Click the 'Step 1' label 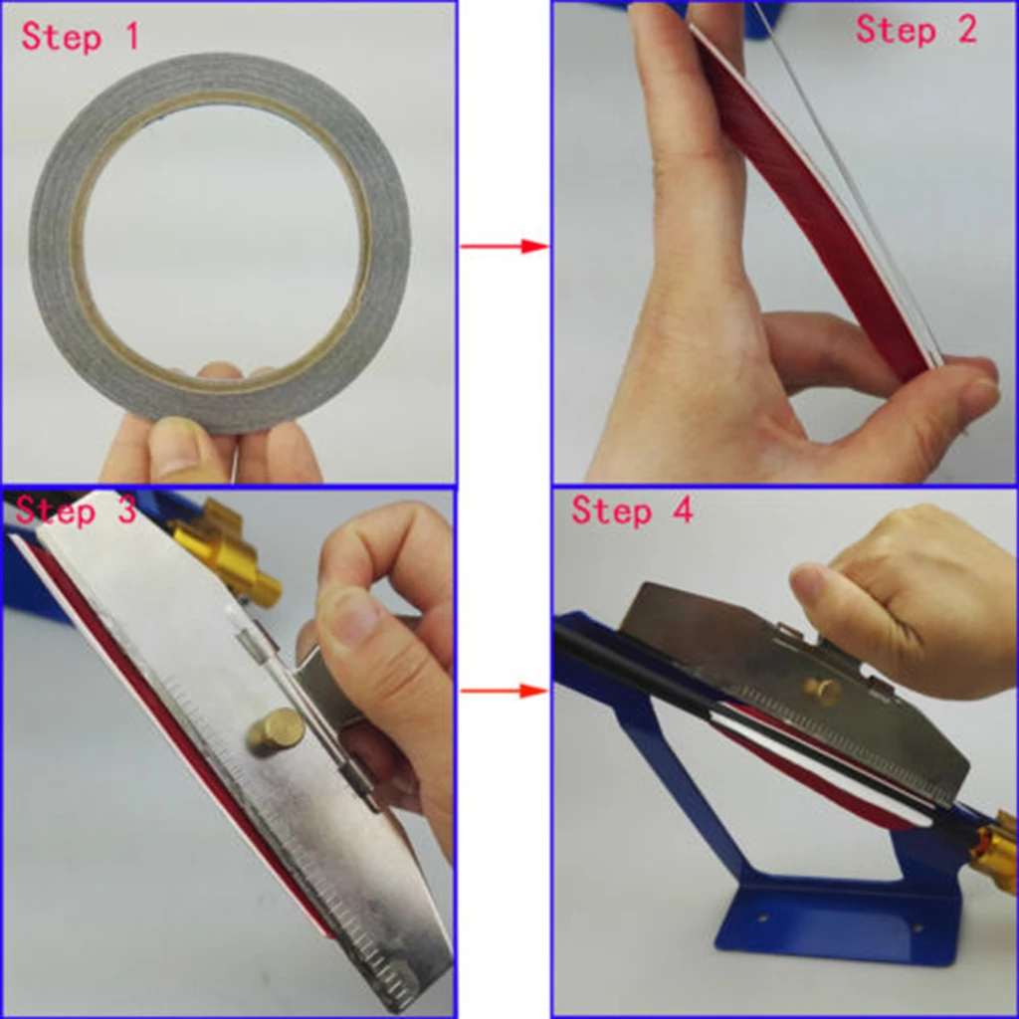80,37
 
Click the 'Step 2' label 917,30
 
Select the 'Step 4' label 632,510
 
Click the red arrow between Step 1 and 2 505,246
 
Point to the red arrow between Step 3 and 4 505,690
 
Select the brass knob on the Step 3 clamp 275,732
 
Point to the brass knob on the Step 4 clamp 822,690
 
